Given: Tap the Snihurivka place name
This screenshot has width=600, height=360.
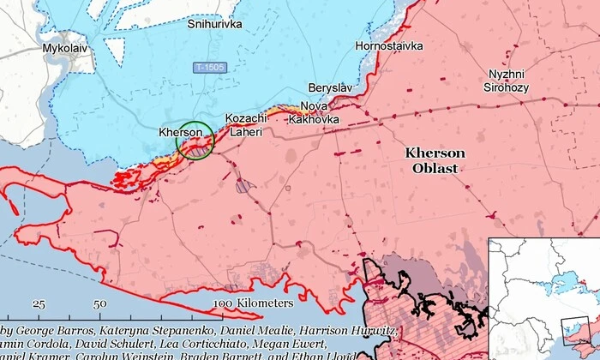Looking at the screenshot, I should click(215, 24).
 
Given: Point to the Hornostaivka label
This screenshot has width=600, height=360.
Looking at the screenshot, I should click(389, 45).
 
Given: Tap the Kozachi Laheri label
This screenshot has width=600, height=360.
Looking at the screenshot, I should click(244, 125).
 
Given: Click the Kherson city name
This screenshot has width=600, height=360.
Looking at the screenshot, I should click(180, 132).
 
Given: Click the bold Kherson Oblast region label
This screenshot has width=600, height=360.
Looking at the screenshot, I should click(435, 160).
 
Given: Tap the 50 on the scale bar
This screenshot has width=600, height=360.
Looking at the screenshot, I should click(100, 303).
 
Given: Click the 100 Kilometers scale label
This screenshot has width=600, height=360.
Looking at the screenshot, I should click(253, 303).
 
